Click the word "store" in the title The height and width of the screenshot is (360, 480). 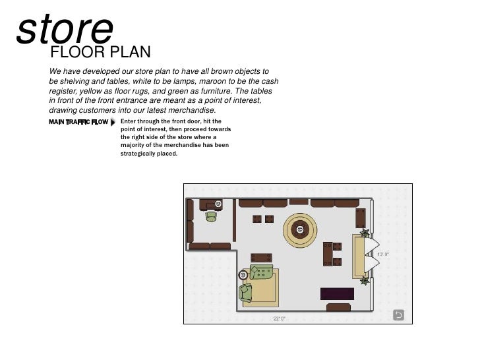pyautogui.click(x=65, y=29)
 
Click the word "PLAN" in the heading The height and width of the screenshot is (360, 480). pyautogui.click(x=130, y=51)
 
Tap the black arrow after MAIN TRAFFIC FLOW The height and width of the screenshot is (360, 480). pyautogui.click(x=113, y=122)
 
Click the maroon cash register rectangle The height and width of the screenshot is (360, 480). pyautogui.click(x=337, y=294)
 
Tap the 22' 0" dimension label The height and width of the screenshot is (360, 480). pyautogui.click(x=279, y=318)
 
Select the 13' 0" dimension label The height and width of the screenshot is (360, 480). pyautogui.click(x=383, y=255)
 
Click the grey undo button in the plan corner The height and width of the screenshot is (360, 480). pyautogui.click(x=398, y=315)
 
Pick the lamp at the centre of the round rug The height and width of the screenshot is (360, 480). pyautogui.click(x=300, y=229)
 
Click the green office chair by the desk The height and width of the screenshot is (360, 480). pyautogui.click(x=211, y=217)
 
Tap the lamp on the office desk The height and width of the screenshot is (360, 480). pyautogui.click(x=218, y=203)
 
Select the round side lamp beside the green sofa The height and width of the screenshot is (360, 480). pyautogui.click(x=243, y=275)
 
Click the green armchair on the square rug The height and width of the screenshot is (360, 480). pyautogui.click(x=245, y=293)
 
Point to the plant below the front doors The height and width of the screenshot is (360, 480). pyautogui.click(x=364, y=280)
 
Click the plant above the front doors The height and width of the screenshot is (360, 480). pyautogui.click(x=364, y=233)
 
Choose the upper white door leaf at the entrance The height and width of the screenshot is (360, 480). pyautogui.click(x=372, y=245)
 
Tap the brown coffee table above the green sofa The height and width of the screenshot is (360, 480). pyautogui.click(x=261, y=258)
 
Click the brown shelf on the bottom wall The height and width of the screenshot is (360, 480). pyautogui.click(x=338, y=307)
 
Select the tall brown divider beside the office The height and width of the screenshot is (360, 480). pyautogui.click(x=235, y=220)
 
